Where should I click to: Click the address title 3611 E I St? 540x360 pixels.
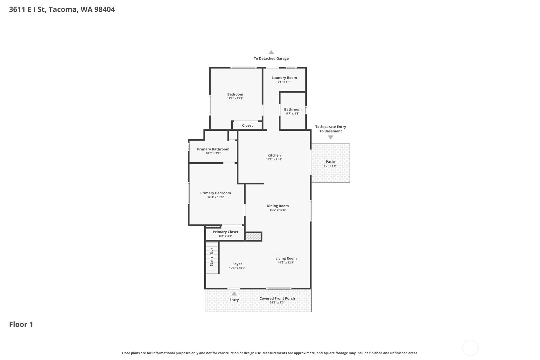coord(62,10)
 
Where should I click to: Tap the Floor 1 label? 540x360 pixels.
coord(21,324)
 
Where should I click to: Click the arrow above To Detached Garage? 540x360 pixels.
coord(271,52)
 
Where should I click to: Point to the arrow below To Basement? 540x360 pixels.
coord(331,137)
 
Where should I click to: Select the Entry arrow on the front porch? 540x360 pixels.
coord(234,294)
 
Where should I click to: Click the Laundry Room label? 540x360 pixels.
coord(284,78)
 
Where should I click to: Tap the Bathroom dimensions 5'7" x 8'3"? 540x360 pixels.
coord(293,114)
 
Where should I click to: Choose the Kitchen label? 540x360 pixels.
coord(274,155)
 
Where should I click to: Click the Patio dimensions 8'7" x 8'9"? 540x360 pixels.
coord(330,166)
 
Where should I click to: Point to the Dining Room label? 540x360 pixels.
coord(278,206)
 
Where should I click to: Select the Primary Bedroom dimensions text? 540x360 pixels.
coord(215,197)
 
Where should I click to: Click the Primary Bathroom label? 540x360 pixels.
coord(213,149)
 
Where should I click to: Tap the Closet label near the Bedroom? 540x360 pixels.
coord(247,125)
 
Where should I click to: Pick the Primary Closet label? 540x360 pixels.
coord(226,232)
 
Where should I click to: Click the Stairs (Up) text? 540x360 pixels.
coord(211,257)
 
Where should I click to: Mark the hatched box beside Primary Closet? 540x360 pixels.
coord(253,236)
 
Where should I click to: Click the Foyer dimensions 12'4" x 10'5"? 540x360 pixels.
coord(237,268)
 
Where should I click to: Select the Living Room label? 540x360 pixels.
coord(286,258)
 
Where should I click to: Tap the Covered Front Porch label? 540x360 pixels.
coord(277,299)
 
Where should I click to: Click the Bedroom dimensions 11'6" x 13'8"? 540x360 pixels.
coord(235,99)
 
